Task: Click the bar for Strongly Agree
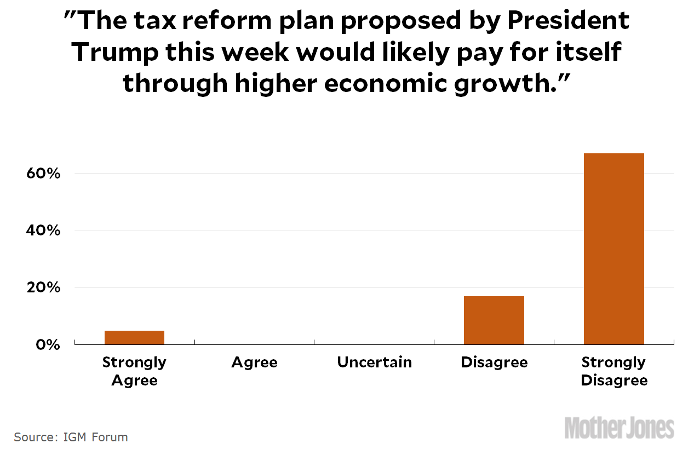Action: (x=134, y=337)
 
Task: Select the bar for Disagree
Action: (x=494, y=320)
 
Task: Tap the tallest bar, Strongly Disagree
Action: (x=613, y=249)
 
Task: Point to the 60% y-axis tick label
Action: (x=42, y=174)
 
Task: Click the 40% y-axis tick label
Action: (x=42, y=231)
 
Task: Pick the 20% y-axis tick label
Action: (x=42, y=287)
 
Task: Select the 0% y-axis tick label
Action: (x=48, y=345)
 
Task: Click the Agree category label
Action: (x=254, y=362)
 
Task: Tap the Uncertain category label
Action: (x=374, y=362)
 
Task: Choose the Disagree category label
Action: (x=494, y=362)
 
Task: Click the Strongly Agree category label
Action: (x=134, y=371)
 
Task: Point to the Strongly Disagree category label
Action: (x=614, y=371)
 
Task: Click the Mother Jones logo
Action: (x=619, y=428)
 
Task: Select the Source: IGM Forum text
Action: (x=71, y=437)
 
